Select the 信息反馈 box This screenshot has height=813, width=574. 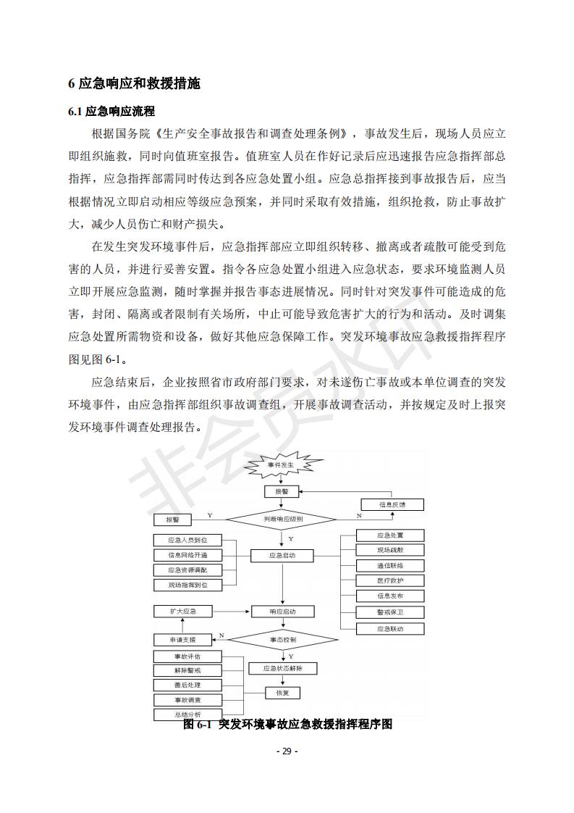pos(392,504)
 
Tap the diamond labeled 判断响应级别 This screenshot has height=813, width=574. pos(282,519)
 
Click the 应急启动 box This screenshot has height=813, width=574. pos(282,556)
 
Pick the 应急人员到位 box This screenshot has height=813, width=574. pos(187,541)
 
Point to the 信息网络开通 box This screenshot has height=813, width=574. pos(187,556)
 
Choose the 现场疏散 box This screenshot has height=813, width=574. pos(390,551)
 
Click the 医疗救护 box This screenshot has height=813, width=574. pos(390,581)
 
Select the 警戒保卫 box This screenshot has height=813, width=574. pos(390,612)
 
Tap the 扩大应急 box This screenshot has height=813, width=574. pos(183,612)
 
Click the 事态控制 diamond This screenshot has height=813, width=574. pos(282,640)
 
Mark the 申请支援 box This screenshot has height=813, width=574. pos(183,640)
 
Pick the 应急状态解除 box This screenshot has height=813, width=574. pos(282,669)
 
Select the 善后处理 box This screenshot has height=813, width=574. pos(187,685)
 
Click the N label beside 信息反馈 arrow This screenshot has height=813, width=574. pos(359,515)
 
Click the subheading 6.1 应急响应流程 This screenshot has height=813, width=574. pos(111,112)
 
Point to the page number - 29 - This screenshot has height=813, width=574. pos(287,751)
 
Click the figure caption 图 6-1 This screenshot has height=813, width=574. pos(287,724)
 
